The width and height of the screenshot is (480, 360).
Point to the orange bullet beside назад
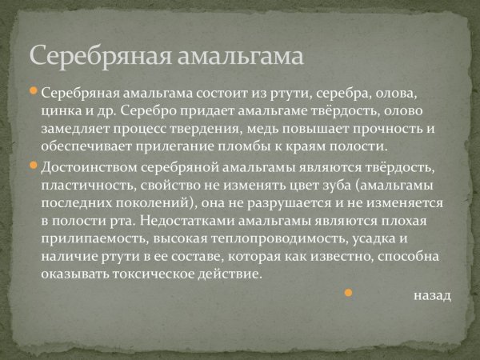tap(348, 294)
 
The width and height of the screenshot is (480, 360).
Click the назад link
tap(433, 295)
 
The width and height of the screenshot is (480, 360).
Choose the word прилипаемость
tap(86, 239)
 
